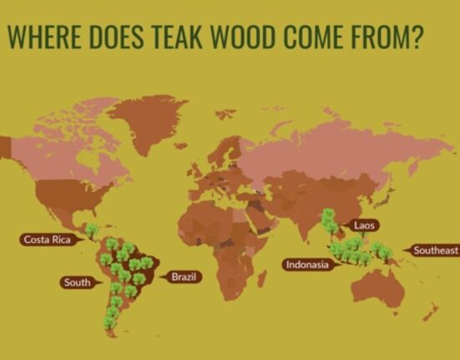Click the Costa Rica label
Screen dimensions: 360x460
(48, 240)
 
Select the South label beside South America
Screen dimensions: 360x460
(76, 282)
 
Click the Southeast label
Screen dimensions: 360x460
(435, 251)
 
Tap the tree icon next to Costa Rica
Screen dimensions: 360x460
(92, 229)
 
